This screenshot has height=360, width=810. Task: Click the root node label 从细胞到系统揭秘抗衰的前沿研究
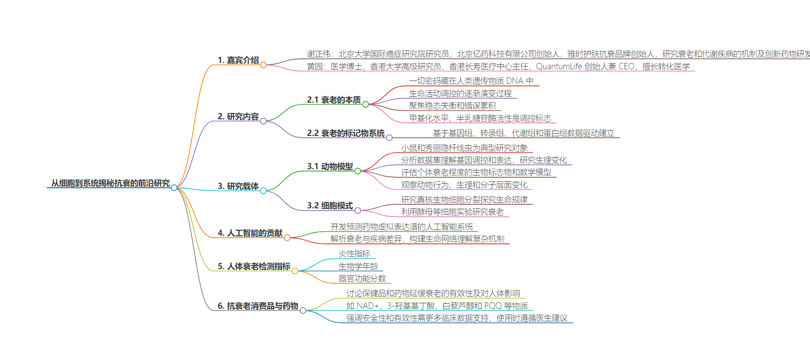[x=110, y=183]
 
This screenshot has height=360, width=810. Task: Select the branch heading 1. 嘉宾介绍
[x=238, y=60]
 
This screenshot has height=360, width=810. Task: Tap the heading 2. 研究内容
[x=238, y=117]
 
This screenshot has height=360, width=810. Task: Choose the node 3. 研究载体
[x=238, y=186]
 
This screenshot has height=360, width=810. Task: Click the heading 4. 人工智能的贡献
[x=250, y=233]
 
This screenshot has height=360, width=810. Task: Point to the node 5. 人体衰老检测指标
[x=254, y=266]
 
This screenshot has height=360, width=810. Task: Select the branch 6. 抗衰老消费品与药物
[x=258, y=306]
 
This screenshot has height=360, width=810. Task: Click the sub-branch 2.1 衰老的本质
[x=334, y=100]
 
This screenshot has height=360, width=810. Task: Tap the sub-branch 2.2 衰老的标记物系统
[x=346, y=133]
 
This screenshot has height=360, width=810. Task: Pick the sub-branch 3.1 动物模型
[x=330, y=166]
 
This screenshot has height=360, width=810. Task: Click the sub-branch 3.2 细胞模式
[x=330, y=206]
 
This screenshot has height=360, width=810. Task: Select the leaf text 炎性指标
[x=355, y=254]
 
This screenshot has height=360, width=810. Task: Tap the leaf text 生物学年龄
[x=358, y=266]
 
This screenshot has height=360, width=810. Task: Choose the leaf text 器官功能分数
[x=362, y=279]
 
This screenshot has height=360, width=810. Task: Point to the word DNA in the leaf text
[x=515, y=81]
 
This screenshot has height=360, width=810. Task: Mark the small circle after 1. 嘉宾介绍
[x=263, y=65]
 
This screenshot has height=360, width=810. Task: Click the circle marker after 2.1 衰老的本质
[x=365, y=104]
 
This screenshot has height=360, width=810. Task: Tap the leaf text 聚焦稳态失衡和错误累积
[x=452, y=106]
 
